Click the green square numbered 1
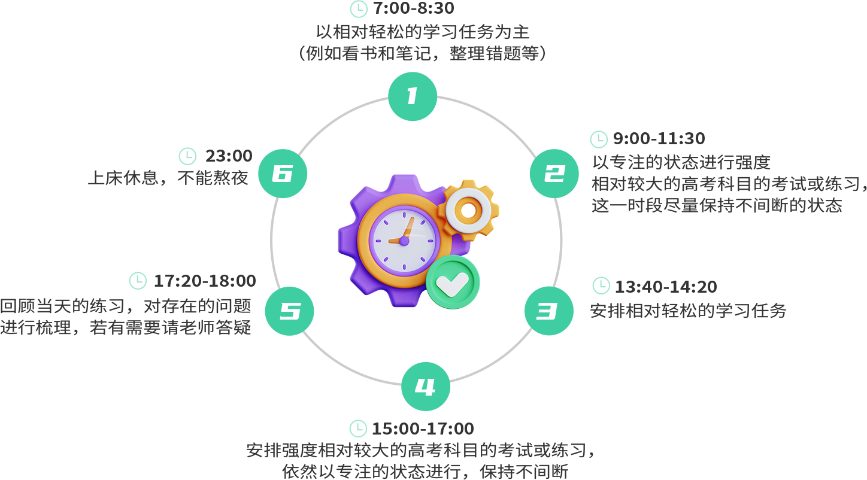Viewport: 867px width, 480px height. pyautogui.click(x=413, y=96)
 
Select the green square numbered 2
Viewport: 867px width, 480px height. pyautogui.click(x=554, y=174)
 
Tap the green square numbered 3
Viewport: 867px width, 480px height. pyautogui.click(x=548, y=311)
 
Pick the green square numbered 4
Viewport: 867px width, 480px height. pyautogui.click(x=426, y=386)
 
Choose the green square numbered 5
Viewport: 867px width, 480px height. pyautogui.click(x=289, y=311)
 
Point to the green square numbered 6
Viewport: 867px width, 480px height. pyautogui.click(x=283, y=174)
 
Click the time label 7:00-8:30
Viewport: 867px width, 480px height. pyautogui.click(x=413, y=8)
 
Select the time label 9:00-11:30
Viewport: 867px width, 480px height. pyautogui.click(x=659, y=139)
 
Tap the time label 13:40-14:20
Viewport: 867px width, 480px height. pyautogui.click(x=665, y=287)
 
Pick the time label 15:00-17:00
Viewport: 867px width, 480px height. pyautogui.click(x=423, y=429)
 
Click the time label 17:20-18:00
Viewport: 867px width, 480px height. pyautogui.click(x=205, y=281)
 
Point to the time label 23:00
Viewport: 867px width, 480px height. pyautogui.click(x=229, y=156)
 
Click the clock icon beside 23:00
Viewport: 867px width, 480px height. pyautogui.click(x=188, y=156)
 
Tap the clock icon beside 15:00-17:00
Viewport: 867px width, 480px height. pyautogui.click(x=358, y=429)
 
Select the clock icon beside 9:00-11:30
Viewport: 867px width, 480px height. pyautogui.click(x=599, y=139)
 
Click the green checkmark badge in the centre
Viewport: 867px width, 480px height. pyautogui.click(x=453, y=282)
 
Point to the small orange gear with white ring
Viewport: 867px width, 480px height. pyautogui.click(x=468, y=209)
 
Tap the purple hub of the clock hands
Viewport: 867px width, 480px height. pyautogui.click(x=404, y=241)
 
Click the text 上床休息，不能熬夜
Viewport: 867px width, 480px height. pyautogui.click(x=168, y=178)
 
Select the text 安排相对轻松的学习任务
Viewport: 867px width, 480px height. pyautogui.click(x=688, y=311)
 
